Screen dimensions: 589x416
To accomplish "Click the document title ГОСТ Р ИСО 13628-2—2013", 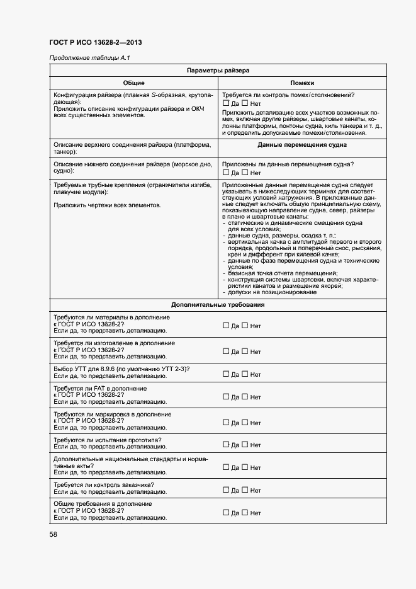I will [x=95, y=42].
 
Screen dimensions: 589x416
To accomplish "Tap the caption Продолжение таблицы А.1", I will [x=89, y=59].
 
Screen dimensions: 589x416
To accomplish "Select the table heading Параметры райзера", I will [x=218, y=71].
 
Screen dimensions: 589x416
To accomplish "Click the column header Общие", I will [x=133, y=83].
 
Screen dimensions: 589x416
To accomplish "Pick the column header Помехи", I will [x=302, y=83].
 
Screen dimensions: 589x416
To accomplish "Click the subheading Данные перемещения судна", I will [x=302, y=145].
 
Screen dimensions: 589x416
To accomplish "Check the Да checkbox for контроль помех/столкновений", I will [x=226, y=103].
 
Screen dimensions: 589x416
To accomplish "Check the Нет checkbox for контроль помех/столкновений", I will [x=245, y=103].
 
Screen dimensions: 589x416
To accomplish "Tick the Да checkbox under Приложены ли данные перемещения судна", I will [x=226, y=173].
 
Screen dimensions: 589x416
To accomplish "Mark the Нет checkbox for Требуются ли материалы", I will [x=245, y=326].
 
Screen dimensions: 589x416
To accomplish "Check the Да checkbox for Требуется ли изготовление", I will [x=226, y=352].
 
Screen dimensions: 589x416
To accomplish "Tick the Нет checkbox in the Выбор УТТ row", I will [x=245, y=374].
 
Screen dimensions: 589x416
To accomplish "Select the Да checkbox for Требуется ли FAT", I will [x=226, y=397].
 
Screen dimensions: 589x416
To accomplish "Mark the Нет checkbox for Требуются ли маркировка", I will [x=245, y=423].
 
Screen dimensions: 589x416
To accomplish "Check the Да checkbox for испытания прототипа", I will [x=226, y=445].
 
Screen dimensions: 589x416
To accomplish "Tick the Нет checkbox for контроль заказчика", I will [x=245, y=490].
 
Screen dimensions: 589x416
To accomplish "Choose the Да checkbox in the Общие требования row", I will [x=226, y=513].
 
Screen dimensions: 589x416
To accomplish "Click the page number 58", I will [x=53, y=534].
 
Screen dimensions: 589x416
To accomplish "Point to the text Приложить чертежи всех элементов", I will [x=107, y=205].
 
